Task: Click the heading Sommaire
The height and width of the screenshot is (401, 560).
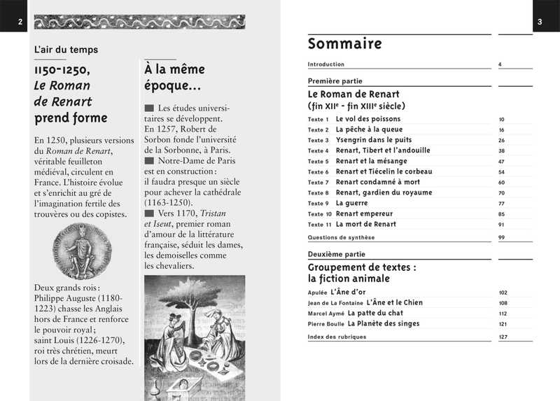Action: pos(344,44)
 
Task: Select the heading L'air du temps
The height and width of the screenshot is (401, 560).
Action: pos(66,50)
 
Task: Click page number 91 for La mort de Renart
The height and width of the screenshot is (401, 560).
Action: pos(502,225)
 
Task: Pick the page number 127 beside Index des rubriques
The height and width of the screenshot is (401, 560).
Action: pos(503,337)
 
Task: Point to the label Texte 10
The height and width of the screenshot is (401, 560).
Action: pos(319,214)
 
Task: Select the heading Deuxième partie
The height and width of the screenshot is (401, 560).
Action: pos(335,255)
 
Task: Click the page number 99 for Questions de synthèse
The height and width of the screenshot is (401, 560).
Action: pos(502,238)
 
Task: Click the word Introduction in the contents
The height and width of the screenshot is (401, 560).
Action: pos(326,64)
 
